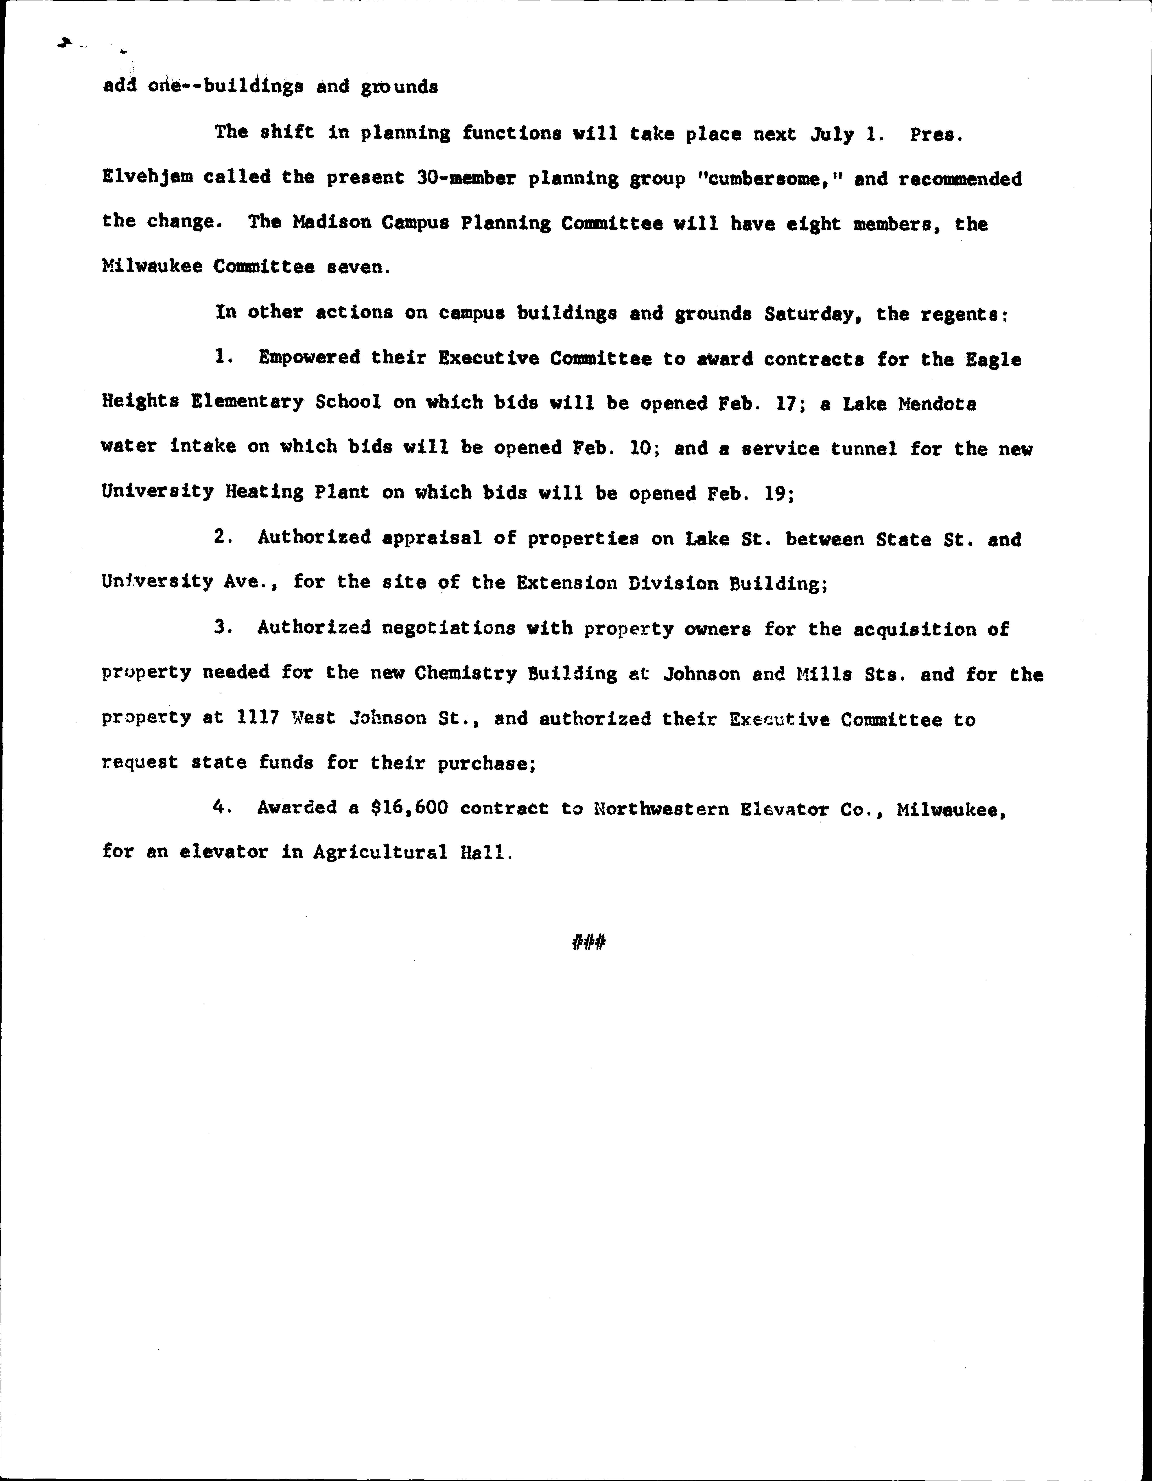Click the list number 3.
tap(221, 627)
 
